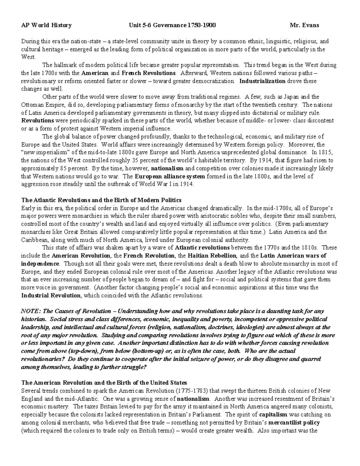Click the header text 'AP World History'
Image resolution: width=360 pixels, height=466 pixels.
click(x=46, y=25)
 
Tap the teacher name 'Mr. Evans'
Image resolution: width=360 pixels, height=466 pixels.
click(x=304, y=25)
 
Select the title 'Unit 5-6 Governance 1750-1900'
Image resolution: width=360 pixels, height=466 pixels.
click(x=172, y=25)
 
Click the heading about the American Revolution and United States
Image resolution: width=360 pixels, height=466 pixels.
click(x=104, y=383)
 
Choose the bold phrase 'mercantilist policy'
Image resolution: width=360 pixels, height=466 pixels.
click(x=294, y=422)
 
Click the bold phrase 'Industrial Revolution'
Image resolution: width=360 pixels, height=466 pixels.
click(x=51, y=295)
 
